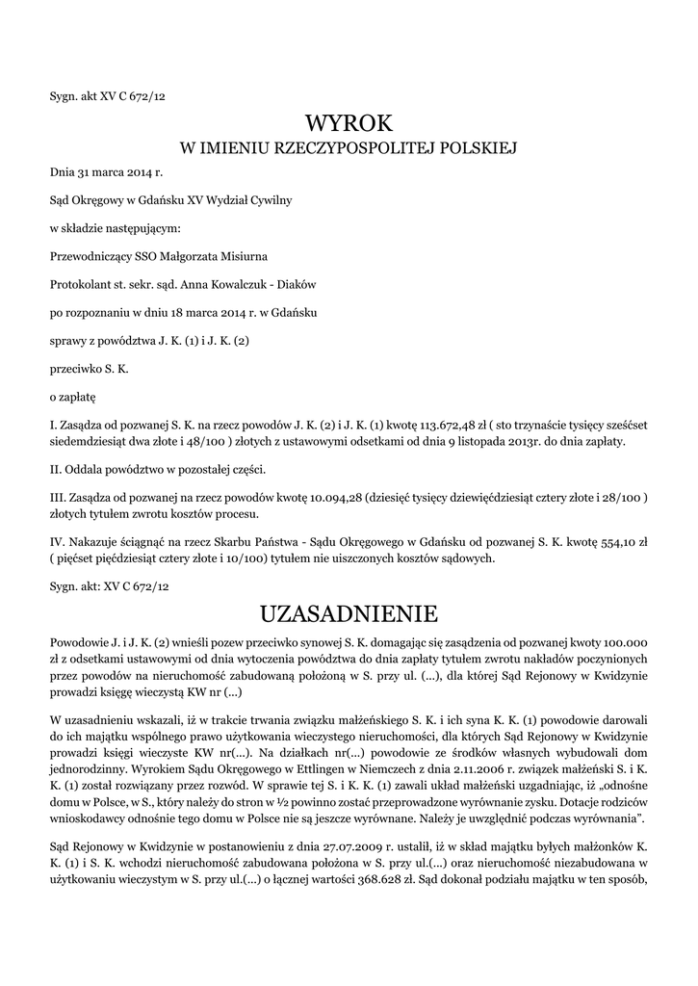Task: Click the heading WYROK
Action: tap(349, 123)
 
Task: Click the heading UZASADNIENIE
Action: tap(349, 612)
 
